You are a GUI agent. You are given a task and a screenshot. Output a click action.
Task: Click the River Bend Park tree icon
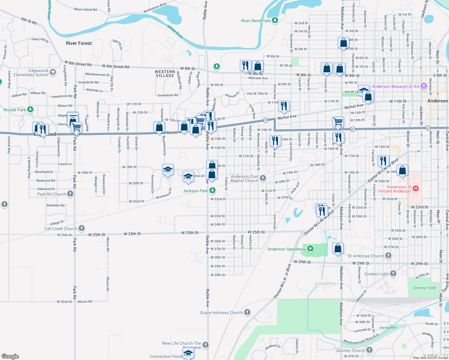275,20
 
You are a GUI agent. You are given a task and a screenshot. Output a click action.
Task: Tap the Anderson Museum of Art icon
424,86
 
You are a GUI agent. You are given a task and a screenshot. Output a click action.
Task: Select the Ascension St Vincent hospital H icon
416,189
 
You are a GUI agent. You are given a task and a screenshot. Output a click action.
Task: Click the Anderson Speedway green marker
310,249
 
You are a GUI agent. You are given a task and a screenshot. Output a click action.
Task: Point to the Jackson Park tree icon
212,190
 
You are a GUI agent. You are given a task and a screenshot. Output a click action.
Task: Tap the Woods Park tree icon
30,109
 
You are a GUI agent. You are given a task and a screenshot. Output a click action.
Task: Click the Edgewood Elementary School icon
53,72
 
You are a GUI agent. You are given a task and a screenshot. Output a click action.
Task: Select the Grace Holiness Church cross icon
247,312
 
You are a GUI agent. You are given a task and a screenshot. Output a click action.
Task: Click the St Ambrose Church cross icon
388,256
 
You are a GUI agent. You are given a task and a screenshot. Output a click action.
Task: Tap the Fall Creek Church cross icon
81,228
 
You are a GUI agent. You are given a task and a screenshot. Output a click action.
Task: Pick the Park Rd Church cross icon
70,194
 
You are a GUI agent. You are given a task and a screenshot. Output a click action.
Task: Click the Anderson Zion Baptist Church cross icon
263,178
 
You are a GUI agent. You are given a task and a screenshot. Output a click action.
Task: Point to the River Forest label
79,43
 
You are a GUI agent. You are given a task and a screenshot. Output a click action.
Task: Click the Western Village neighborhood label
165,73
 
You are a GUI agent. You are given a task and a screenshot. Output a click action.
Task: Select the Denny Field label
424,288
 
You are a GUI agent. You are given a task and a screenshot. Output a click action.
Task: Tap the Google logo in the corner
10,356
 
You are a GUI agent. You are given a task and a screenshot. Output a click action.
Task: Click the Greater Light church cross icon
393,274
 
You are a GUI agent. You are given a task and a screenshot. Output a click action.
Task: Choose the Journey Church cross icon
369,350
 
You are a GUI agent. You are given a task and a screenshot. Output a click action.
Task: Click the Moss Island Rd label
85,10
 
